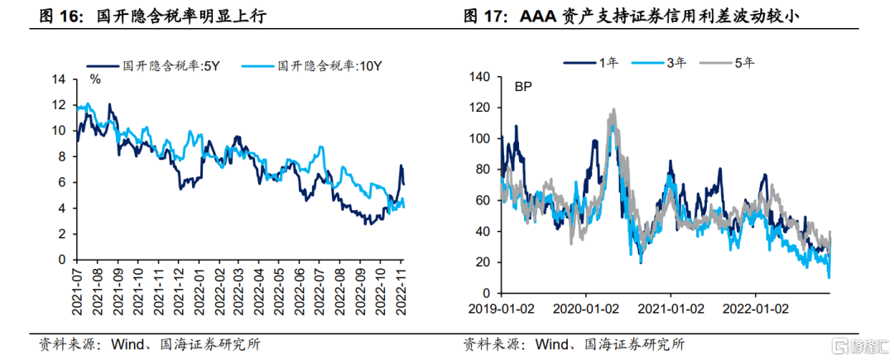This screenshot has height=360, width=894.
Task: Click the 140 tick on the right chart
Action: click(481, 78)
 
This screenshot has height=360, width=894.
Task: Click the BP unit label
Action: click(523, 86)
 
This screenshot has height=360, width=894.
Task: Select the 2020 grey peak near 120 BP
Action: click(613, 109)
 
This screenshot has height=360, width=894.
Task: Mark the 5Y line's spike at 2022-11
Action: click(401, 166)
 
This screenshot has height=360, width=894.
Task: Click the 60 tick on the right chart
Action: click(484, 200)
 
